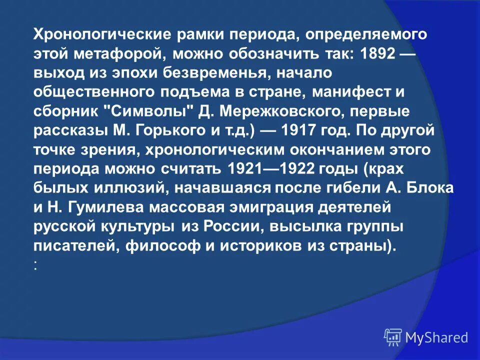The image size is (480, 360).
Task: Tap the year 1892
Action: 375,53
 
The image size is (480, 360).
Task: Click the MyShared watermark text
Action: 436,337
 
